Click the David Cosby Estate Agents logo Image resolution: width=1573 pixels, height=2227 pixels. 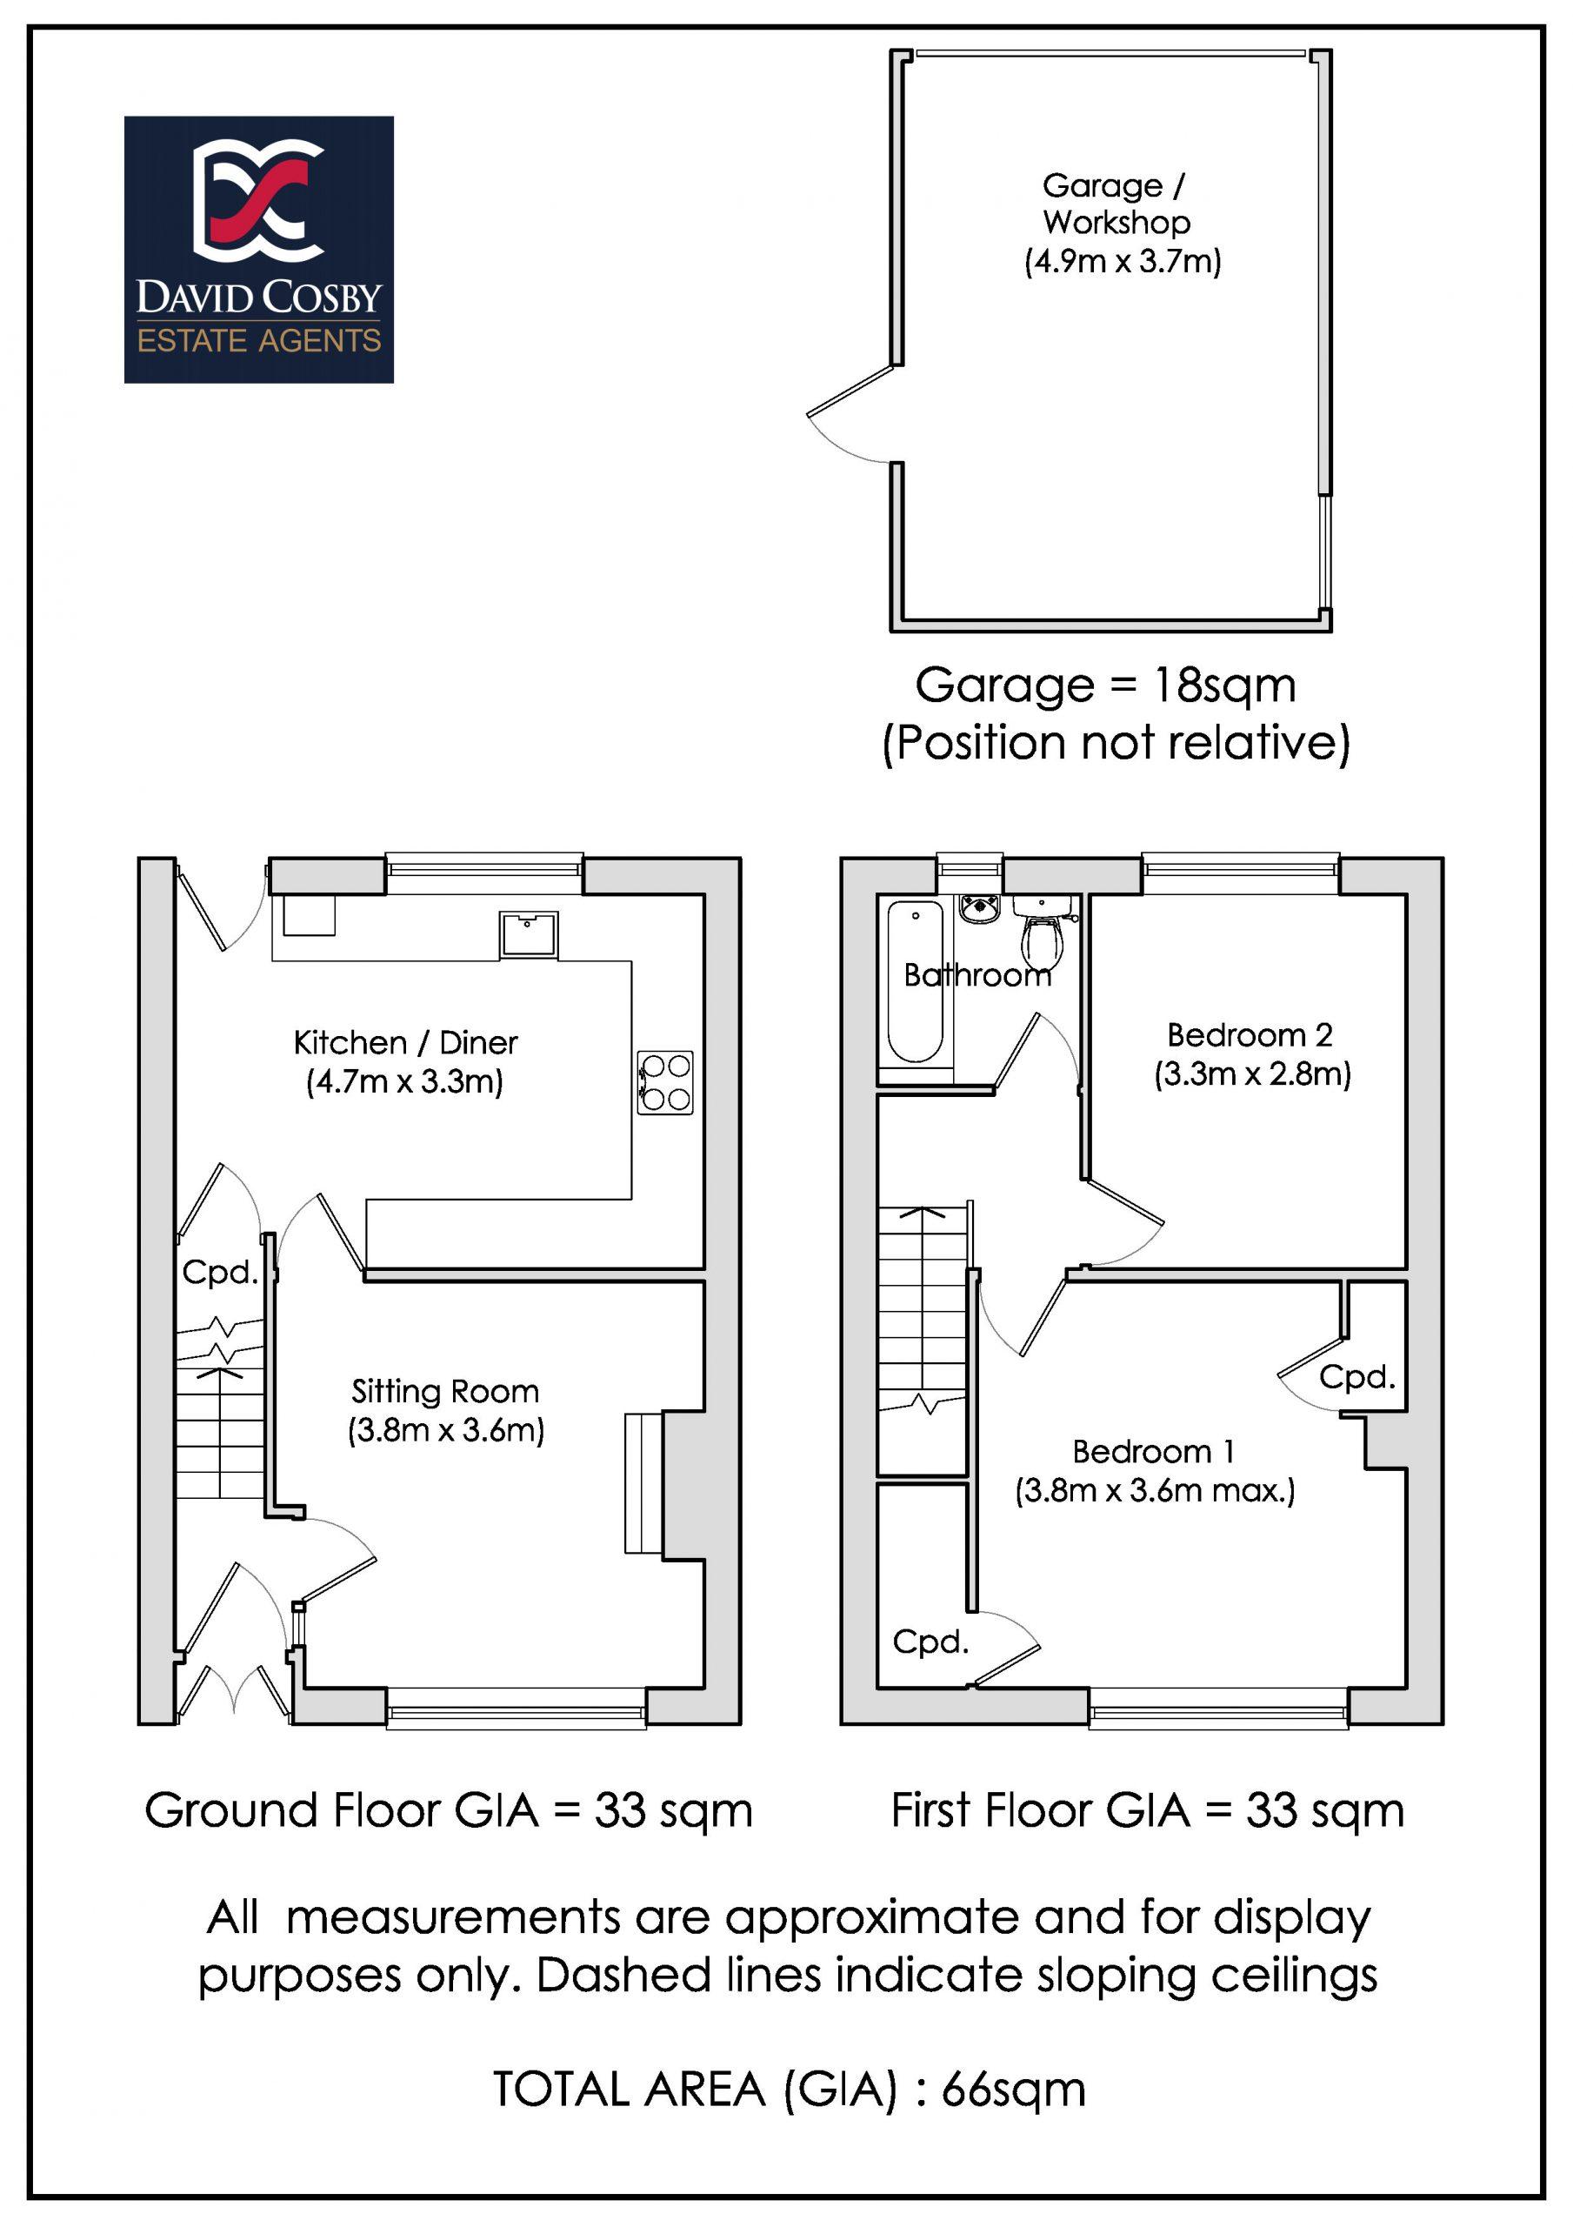coord(259,250)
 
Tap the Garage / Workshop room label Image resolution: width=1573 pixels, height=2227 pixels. coord(1116,204)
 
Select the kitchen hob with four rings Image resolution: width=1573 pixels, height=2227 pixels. coord(665,1082)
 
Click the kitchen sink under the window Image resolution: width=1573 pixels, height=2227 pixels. coord(529,934)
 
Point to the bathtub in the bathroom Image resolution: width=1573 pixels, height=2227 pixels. coord(915,981)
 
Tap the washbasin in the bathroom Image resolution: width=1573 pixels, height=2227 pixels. coord(983,910)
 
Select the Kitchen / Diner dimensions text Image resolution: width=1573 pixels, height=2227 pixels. coord(405,1081)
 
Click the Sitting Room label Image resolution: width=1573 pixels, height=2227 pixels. coord(445,1392)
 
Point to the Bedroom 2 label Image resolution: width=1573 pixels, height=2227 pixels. coord(1250,1035)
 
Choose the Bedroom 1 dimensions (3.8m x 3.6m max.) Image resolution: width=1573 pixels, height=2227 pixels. coord(1155,1490)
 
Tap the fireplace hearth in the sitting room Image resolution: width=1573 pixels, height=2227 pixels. coord(643,1484)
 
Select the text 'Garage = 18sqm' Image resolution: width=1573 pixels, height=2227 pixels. coord(1105,686)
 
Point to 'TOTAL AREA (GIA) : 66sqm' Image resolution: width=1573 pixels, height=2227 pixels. coord(790,2090)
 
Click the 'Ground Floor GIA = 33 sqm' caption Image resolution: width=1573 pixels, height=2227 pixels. coord(448,1811)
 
